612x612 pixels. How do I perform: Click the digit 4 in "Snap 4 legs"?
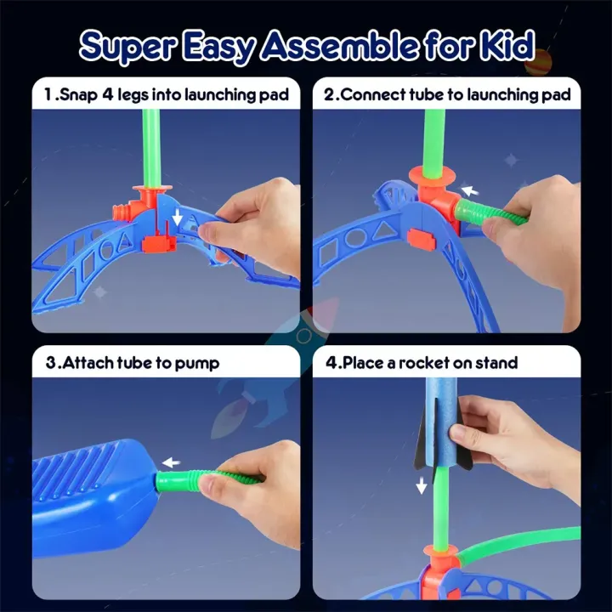pyautogui.click(x=107, y=94)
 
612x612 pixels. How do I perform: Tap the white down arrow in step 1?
pyautogui.click(x=177, y=217)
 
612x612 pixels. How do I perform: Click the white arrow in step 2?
pyautogui.click(x=469, y=191)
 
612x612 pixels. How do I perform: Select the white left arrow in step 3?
pyautogui.click(x=171, y=463)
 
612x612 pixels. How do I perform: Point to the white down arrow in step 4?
pyautogui.click(x=421, y=485)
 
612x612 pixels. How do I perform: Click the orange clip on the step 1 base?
pyautogui.click(x=157, y=244)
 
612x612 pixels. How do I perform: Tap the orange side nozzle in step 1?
pyautogui.click(x=122, y=212)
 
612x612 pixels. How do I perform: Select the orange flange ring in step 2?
pyautogui.click(x=432, y=178)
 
